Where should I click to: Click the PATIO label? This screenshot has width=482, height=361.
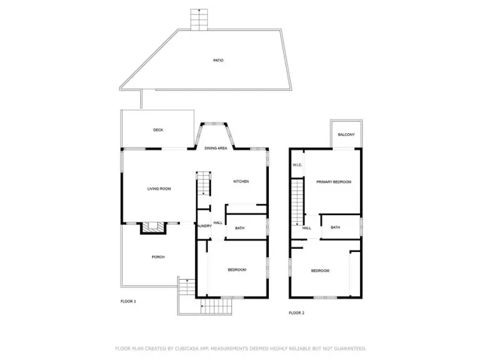tap(218, 60)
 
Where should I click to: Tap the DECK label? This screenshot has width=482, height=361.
tap(158, 130)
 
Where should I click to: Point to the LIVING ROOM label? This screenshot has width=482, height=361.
tap(159, 189)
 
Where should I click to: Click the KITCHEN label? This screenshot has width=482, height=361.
tap(240, 182)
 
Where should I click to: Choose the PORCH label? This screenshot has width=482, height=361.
tap(158, 257)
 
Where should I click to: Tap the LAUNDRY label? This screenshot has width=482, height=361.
tap(203, 226)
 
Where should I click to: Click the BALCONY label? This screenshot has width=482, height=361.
tap(346, 135)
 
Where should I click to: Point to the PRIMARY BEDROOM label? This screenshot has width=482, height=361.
tap(334, 182)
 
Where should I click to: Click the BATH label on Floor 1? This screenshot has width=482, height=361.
tap(239, 228)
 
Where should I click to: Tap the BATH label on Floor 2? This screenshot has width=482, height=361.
tap(335, 227)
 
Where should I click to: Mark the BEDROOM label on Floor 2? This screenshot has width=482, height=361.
tap(320, 271)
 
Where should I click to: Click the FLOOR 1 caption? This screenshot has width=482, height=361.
tap(128, 302)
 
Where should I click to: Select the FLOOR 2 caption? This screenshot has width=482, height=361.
tap(296, 312)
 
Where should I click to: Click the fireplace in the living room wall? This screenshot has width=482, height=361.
tap(154, 227)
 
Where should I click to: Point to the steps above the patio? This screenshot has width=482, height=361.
tap(199, 20)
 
